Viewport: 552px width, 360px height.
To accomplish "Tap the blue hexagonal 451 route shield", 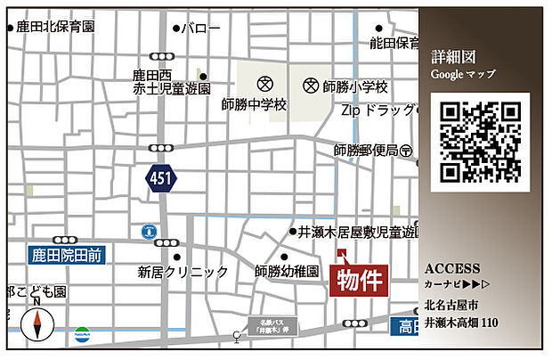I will coord(161,179).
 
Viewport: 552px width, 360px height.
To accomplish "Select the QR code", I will coord(480,142).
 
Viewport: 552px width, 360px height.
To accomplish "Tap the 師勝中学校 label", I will coord(255,104).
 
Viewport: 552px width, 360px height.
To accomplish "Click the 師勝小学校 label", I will coord(356,86).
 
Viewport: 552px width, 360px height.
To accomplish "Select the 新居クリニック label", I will coord(183,272).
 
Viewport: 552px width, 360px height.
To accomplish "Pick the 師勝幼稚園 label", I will coord(287,271).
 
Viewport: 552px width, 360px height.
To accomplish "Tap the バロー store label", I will coord(201,29).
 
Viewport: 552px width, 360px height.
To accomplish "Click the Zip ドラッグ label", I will coord(378,111).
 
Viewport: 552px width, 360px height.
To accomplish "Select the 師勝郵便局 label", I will coord(366,151).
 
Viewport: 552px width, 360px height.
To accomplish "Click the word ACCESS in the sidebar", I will coord(453,268).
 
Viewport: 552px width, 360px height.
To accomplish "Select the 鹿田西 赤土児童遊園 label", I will coord(172,83).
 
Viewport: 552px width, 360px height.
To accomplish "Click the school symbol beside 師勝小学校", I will coord(311,86).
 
